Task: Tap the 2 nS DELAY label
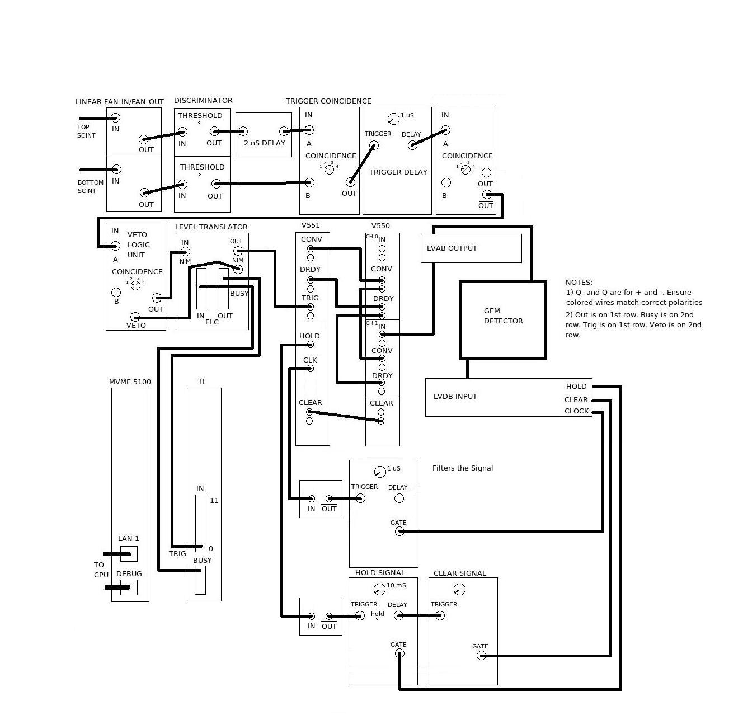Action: pyautogui.click(x=264, y=143)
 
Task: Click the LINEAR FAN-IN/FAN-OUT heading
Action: pyautogui.click(x=120, y=101)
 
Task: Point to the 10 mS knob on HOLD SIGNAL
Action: pyautogui.click(x=379, y=590)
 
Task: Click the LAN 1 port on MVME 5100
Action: pyautogui.click(x=129, y=554)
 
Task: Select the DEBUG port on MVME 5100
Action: pyautogui.click(x=129, y=587)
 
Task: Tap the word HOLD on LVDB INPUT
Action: pyautogui.click(x=576, y=387)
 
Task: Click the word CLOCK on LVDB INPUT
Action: pyautogui.click(x=576, y=411)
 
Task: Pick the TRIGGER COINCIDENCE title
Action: pyautogui.click(x=328, y=101)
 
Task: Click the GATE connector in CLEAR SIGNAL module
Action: pyautogui.click(x=481, y=656)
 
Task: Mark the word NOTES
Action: pyautogui.click(x=579, y=282)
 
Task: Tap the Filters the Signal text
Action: pyautogui.click(x=462, y=468)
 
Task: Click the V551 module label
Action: pyautogui.click(x=311, y=225)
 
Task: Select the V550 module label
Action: pyautogui.click(x=380, y=225)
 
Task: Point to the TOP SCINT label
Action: pyautogui.click(x=86, y=131)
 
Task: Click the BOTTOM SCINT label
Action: pyautogui.click(x=91, y=187)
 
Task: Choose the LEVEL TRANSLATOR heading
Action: pyautogui.click(x=211, y=227)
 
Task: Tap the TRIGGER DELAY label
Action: pyautogui.click(x=398, y=172)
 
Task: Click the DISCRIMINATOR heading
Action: pyautogui.click(x=203, y=100)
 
